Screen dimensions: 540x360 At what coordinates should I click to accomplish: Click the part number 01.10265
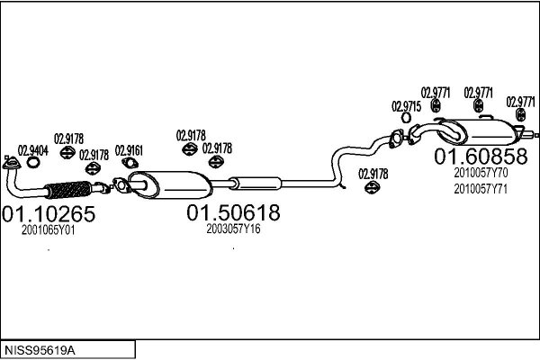click(x=49, y=213)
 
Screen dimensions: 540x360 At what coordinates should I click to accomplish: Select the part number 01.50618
click(x=233, y=212)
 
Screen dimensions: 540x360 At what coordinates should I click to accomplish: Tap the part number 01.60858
click(x=481, y=156)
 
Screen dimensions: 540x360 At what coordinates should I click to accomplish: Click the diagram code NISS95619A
click(x=40, y=351)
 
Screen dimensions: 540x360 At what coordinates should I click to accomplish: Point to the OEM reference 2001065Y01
click(x=49, y=230)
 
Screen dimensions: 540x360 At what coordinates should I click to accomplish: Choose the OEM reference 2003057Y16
click(x=233, y=229)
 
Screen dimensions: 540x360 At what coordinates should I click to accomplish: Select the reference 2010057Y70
click(x=481, y=172)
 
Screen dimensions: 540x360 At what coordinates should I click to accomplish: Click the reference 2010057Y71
click(x=481, y=189)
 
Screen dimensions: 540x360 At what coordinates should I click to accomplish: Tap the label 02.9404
click(x=33, y=150)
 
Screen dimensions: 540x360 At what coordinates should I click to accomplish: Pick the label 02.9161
click(x=129, y=150)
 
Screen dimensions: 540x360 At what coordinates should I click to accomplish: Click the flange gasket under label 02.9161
click(x=130, y=163)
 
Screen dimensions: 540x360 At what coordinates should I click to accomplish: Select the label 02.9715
click(x=407, y=106)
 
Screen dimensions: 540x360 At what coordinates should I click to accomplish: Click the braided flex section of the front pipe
click(x=69, y=189)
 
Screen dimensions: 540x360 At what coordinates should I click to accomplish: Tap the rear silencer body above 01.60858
click(x=480, y=132)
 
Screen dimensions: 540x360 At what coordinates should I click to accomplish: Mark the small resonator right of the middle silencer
click(x=256, y=184)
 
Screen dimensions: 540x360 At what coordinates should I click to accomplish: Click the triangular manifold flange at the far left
click(x=11, y=163)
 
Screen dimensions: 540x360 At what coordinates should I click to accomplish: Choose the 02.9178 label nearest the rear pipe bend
click(x=373, y=174)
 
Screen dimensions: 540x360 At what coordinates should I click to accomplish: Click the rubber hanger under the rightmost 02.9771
click(x=521, y=114)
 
